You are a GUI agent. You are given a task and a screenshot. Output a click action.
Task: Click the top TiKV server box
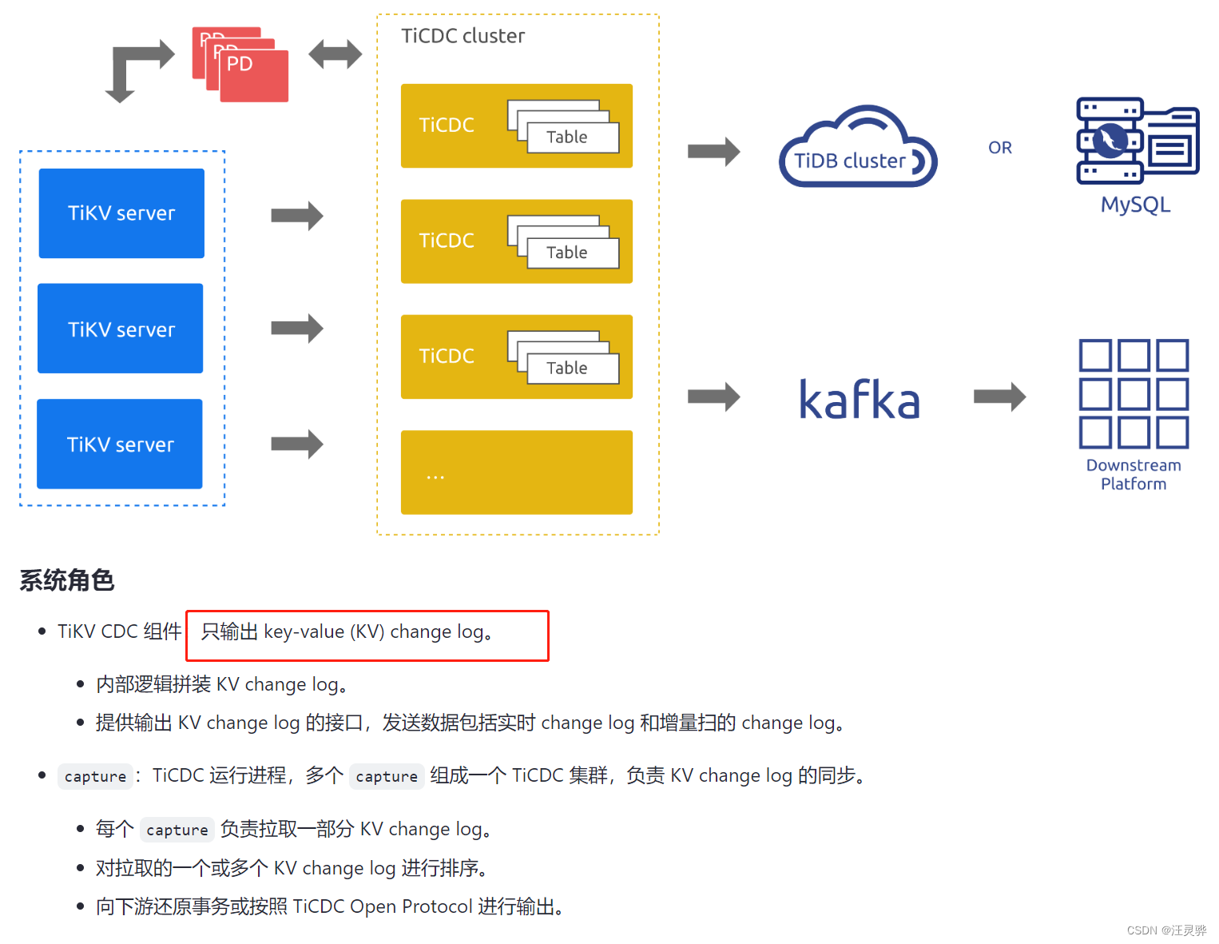click(x=121, y=213)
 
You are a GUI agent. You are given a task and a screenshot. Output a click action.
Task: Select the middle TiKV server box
click(x=121, y=329)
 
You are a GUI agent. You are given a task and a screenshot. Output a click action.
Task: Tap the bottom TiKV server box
click(x=120, y=444)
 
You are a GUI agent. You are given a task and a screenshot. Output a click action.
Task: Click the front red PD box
click(x=254, y=77)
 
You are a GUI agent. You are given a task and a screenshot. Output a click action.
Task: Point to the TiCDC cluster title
click(x=463, y=36)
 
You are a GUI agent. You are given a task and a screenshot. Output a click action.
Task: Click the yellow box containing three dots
click(x=516, y=472)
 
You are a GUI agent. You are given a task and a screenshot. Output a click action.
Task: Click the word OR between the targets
click(x=999, y=148)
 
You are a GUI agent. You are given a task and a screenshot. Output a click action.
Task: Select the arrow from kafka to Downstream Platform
click(x=999, y=396)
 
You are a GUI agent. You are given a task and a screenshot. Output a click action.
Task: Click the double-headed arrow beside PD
click(x=336, y=54)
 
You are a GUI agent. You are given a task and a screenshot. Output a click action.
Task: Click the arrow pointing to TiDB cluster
click(x=713, y=151)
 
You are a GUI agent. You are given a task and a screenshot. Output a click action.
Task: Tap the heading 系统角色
click(x=67, y=580)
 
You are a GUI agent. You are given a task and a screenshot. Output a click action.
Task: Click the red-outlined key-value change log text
click(x=347, y=632)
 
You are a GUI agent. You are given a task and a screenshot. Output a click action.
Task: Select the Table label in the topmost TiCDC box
click(x=567, y=137)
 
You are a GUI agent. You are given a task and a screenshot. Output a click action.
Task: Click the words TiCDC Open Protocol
click(x=383, y=906)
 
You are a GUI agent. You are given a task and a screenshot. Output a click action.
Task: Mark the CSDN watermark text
click(x=1166, y=930)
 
